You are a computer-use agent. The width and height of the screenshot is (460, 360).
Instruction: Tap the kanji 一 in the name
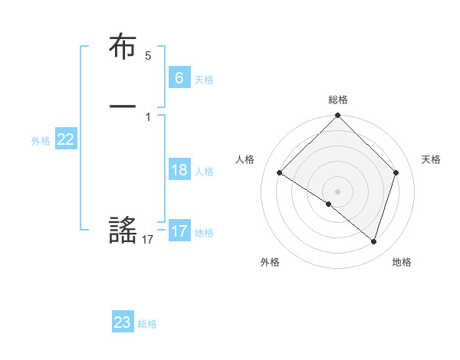pos(123,106)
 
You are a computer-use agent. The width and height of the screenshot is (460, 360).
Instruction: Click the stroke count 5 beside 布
pos(148,56)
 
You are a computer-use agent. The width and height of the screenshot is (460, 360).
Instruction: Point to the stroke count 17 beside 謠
pos(148,240)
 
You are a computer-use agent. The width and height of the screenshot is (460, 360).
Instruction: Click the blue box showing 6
pos(179,78)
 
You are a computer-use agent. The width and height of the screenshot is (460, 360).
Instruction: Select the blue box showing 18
pos(179,170)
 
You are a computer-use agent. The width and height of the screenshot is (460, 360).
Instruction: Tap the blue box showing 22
pos(66,139)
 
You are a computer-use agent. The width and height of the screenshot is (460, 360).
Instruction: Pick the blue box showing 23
pos(122,322)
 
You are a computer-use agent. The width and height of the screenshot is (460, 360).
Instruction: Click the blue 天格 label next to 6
pos(204,80)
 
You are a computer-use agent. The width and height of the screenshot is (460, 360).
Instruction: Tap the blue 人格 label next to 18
pos(204,172)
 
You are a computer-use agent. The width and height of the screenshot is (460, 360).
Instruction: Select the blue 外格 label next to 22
pos(41,141)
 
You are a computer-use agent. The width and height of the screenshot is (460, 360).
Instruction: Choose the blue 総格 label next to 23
pos(147,324)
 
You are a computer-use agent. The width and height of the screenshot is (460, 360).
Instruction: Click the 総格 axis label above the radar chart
pos(338,100)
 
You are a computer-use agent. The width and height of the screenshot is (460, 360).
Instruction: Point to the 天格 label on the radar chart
pos(432,159)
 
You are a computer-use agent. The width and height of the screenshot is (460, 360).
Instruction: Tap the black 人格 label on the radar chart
pos(245,159)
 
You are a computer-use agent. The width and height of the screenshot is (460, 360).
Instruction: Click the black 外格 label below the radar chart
pos(270,262)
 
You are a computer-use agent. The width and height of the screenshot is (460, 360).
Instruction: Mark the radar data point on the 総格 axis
pos(338,116)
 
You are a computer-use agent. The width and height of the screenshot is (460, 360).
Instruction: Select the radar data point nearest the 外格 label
pos(329,204)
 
